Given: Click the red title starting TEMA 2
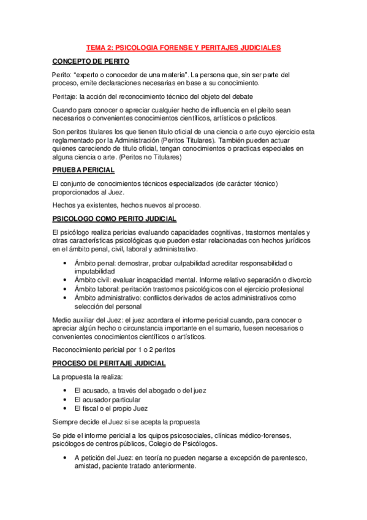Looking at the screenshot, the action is click(183, 47).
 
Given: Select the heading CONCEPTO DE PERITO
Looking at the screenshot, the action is click(90, 61).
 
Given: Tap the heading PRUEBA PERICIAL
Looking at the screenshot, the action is click(83, 170).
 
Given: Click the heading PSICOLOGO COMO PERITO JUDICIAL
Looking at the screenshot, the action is click(115, 218).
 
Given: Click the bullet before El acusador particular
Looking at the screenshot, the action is click(66, 399).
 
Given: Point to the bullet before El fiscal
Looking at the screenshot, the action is click(66, 408).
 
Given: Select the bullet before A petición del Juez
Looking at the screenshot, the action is click(66, 457).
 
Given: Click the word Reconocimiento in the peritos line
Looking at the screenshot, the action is click(80, 350).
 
